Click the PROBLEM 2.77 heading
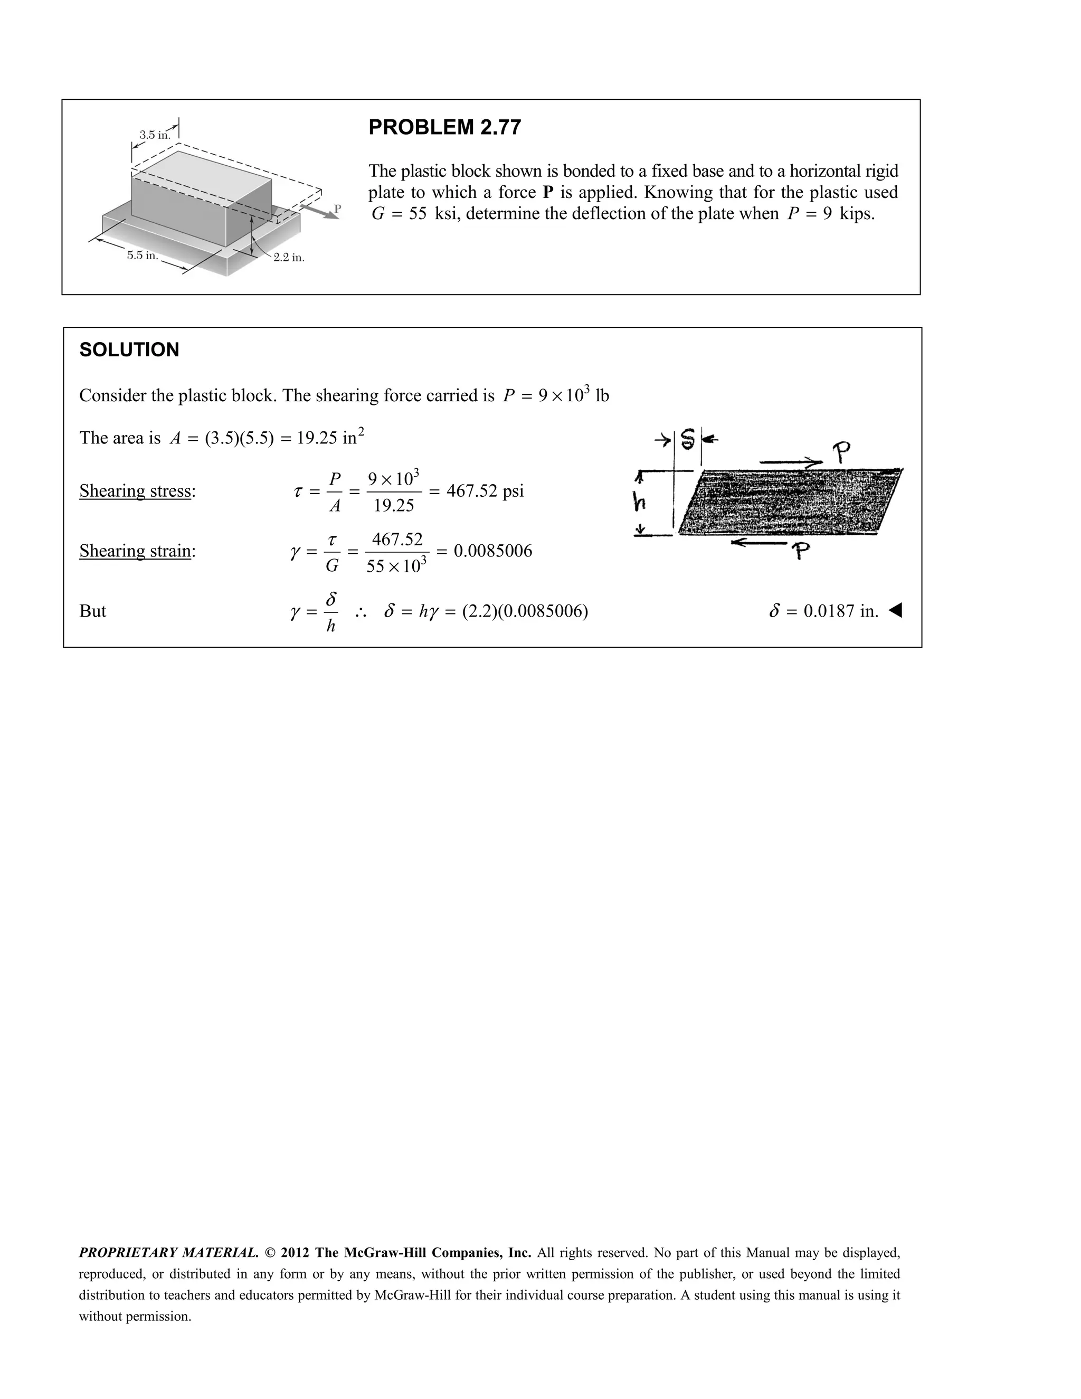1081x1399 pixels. point(444,127)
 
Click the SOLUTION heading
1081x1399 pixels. point(129,349)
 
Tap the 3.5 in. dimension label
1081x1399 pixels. point(154,135)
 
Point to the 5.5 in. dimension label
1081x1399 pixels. point(142,256)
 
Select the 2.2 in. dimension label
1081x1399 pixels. point(289,258)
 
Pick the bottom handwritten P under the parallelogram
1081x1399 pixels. point(800,550)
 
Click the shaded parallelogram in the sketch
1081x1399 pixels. point(788,502)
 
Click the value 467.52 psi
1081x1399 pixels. point(485,491)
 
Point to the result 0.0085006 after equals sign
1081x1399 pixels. point(492,551)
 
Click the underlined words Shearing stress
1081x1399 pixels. point(135,491)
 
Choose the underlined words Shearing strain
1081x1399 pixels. point(135,551)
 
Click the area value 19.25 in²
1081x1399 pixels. point(330,438)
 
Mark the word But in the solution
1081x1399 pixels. point(93,611)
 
